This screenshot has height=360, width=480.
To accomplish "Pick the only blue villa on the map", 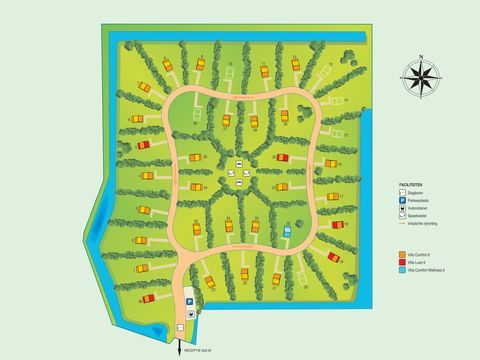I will point(287,232).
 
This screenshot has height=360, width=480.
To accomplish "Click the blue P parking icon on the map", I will point(189,300).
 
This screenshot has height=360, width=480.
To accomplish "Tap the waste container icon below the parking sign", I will point(189,313).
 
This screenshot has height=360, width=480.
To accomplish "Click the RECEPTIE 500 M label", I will point(193,352).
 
